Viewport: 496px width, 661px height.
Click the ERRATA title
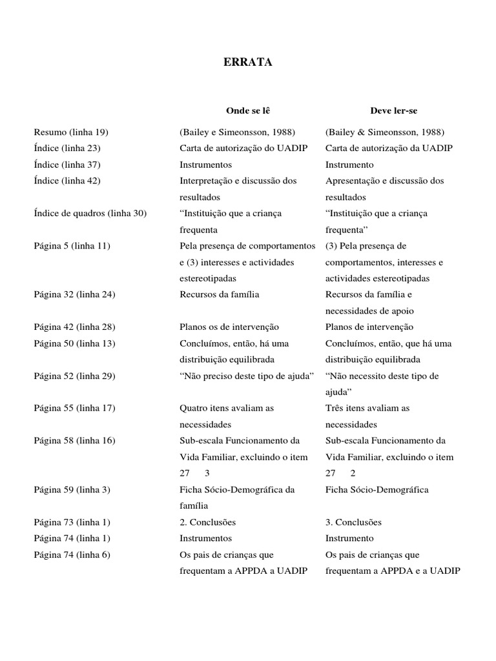click(x=247, y=63)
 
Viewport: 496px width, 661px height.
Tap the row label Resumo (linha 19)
click(x=71, y=132)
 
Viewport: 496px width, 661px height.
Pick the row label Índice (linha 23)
click(x=67, y=148)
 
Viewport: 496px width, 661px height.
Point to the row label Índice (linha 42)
click(x=67, y=181)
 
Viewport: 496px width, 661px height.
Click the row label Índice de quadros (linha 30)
click(x=90, y=213)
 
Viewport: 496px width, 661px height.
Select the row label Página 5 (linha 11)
click(x=72, y=246)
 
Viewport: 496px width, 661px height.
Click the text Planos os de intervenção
click(x=229, y=327)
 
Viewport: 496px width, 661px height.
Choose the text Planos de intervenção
click(x=369, y=327)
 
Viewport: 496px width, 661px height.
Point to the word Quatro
click(x=192, y=408)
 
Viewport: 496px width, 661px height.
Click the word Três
click(x=336, y=408)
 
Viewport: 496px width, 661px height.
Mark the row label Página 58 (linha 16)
click(x=74, y=441)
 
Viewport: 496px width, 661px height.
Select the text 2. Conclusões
click(x=207, y=522)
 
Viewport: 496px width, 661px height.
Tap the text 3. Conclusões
click(x=353, y=522)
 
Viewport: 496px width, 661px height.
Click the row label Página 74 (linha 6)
click(x=72, y=554)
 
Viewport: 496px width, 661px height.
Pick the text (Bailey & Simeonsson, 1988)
click(x=385, y=132)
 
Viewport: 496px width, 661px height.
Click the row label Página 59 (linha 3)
click(x=72, y=489)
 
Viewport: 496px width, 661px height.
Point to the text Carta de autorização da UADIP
click(x=389, y=148)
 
